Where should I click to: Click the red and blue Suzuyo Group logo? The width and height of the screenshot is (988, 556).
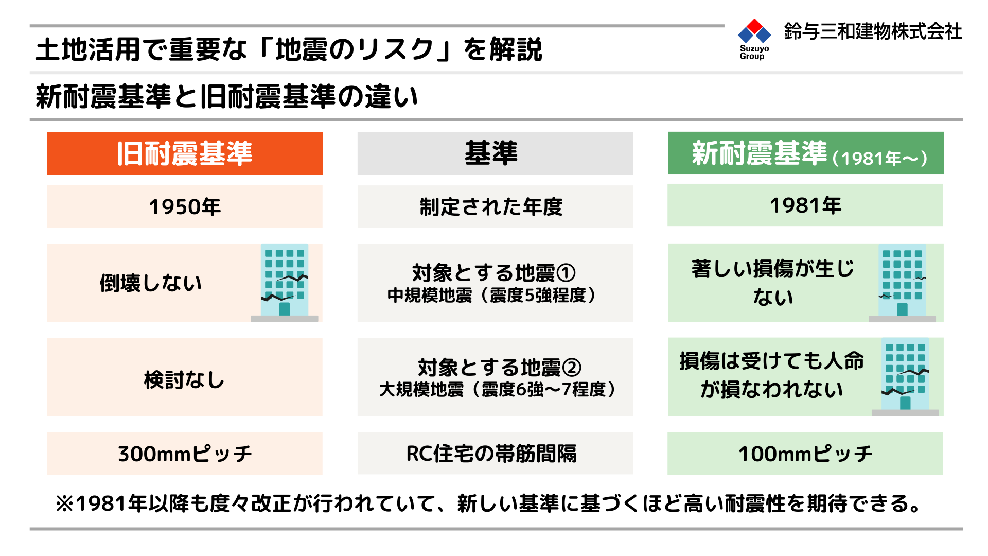pyautogui.click(x=754, y=39)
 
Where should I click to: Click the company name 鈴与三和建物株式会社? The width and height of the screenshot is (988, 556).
pyautogui.click(x=873, y=31)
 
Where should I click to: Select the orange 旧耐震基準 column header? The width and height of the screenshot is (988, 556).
pyautogui.click(x=185, y=153)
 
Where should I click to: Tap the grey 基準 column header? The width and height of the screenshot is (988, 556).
pyautogui.click(x=495, y=153)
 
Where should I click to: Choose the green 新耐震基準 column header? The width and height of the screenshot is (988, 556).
pyautogui.click(x=806, y=153)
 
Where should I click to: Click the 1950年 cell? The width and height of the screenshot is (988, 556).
pyautogui.click(x=185, y=206)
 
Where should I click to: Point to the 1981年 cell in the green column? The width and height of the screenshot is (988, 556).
pyautogui.click(x=805, y=205)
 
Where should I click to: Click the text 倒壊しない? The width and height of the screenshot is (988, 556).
pyautogui.click(x=151, y=283)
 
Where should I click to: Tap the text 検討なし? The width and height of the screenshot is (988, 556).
pyautogui.click(x=184, y=380)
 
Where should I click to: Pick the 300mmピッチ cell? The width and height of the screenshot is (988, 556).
pyautogui.click(x=185, y=454)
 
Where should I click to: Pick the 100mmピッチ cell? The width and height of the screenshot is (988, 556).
pyautogui.click(x=805, y=454)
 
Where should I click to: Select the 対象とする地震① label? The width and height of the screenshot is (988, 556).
pyautogui.click(x=494, y=273)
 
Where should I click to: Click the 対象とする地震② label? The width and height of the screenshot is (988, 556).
pyautogui.click(x=499, y=368)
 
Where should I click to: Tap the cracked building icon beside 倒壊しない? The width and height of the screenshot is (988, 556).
pyautogui.click(x=285, y=283)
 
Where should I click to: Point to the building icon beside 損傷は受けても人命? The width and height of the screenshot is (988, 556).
pyautogui.click(x=905, y=377)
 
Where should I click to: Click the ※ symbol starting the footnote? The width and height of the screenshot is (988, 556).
pyautogui.click(x=65, y=503)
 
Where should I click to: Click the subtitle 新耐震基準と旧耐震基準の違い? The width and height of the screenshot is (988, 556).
pyautogui.click(x=227, y=96)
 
